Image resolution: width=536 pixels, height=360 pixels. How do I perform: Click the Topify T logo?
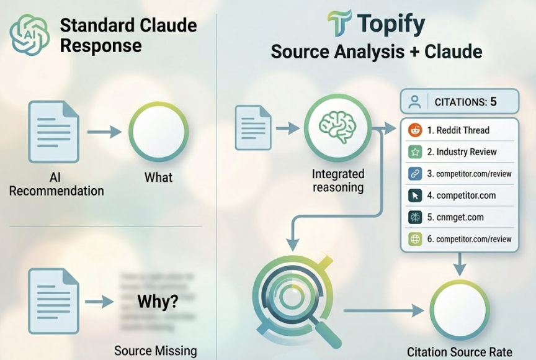tap(339, 24)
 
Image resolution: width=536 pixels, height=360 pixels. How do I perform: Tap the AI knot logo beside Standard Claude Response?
tap(29, 35)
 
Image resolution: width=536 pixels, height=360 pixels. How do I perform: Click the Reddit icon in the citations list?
tap(415, 130)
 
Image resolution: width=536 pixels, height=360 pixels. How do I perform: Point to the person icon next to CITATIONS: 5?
tap(415, 102)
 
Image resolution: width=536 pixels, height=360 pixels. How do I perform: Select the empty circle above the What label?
tap(158, 132)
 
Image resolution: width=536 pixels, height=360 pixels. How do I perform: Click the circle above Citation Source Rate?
tap(460, 309)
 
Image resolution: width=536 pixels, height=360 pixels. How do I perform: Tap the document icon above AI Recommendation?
tap(54, 132)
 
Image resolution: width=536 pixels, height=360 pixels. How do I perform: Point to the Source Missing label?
tap(155, 350)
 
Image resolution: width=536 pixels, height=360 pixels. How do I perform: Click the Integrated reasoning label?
tap(337, 181)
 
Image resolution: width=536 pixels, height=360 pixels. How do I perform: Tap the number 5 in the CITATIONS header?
tap(493, 102)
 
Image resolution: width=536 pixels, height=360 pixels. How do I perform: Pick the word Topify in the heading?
tap(391, 24)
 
